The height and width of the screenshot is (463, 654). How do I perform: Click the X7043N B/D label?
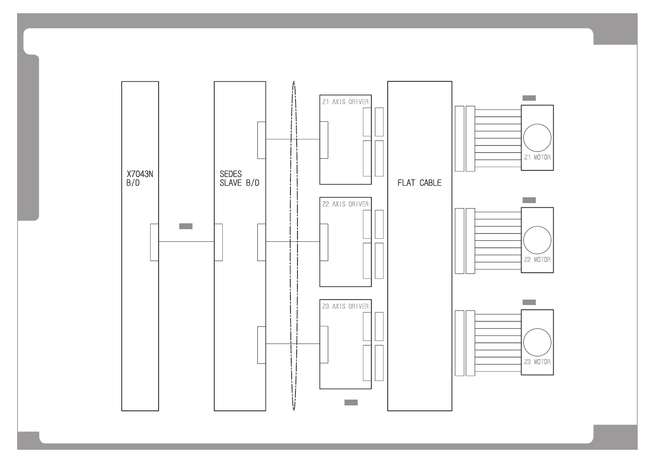(140, 179)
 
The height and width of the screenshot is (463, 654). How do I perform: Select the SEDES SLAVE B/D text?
(240, 179)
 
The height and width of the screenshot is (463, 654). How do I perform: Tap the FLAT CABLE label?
(419, 183)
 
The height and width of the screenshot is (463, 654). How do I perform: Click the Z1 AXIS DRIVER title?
(345, 102)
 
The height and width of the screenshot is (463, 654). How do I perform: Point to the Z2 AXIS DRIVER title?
(345, 204)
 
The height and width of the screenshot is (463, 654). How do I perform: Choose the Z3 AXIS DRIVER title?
(345, 307)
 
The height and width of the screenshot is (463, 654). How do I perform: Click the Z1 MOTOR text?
(537, 158)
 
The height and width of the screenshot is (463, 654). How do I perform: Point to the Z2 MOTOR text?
(537, 260)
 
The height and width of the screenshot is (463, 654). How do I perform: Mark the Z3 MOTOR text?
(537, 362)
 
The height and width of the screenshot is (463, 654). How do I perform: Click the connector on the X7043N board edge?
(154, 242)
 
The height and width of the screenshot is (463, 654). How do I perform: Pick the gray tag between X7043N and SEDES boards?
(186, 226)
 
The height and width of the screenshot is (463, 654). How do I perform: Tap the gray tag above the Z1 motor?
(529, 98)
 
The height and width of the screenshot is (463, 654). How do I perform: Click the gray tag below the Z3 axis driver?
(351, 403)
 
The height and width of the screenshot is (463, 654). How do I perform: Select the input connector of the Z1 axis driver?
(324, 140)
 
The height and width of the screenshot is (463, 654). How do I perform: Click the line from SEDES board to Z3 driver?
(292, 344)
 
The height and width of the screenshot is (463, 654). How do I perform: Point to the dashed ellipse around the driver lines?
(290, 246)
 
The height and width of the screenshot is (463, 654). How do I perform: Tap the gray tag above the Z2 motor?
(529, 200)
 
